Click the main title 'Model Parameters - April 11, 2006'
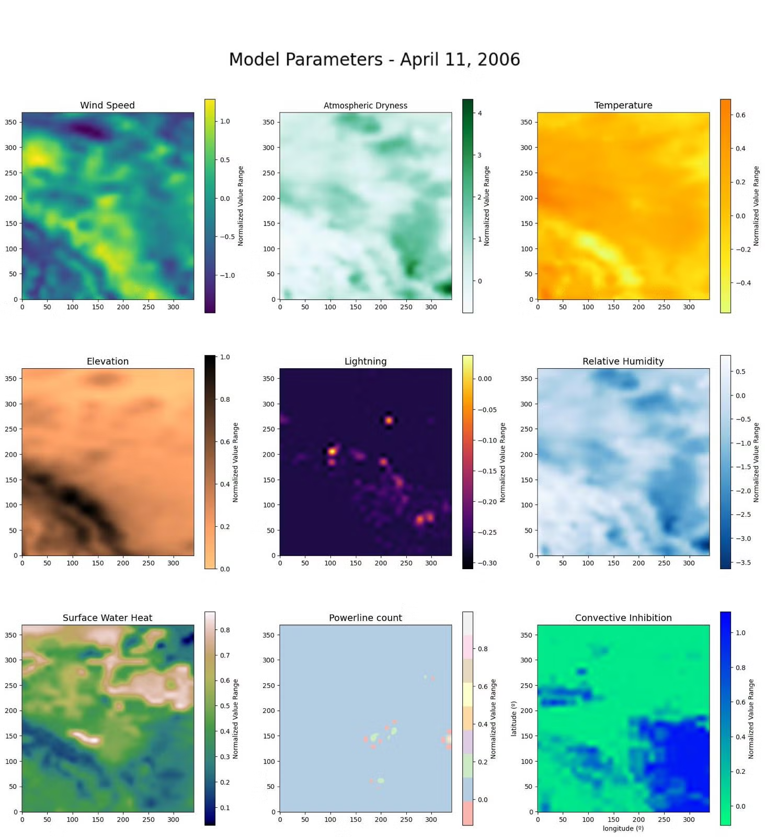pyautogui.click(x=374, y=60)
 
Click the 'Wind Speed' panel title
pyautogui.click(x=107, y=105)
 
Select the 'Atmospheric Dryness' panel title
pyautogui.click(x=365, y=106)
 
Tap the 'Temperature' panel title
pyautogui.click(x=623, y=105)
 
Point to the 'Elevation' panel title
pyautogui.click(x=107, y=361)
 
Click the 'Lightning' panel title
pyautogui.click(x=365, y=361)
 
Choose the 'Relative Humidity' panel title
pyautogui.click(x=623, y=361)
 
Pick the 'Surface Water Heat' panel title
pyautogui.click(x=107, y=618)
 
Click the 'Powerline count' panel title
pyautogui.click(x=365, y=618)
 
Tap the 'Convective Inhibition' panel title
pyautogui.click(x=623, y=618)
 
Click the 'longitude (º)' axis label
pyautogui.click(x=623, y=829)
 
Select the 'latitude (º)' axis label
pyautogui.click(x=514, y=719)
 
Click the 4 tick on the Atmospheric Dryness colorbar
pyautogui.click(x=479, y=114)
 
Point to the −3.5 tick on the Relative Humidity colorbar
pyautogui.click(x=743, y=563)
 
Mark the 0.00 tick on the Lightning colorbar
pyautogui.click(x=485, y=379)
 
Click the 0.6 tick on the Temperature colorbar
pyautogui.click(x=740, y=115)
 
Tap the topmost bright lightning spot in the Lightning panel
pyautogui.click(x=389, y=420)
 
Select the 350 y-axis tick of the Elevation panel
pyautogui.click(x=10, y=379)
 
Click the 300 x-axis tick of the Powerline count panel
pyautogui.click(x=431, y=820)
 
